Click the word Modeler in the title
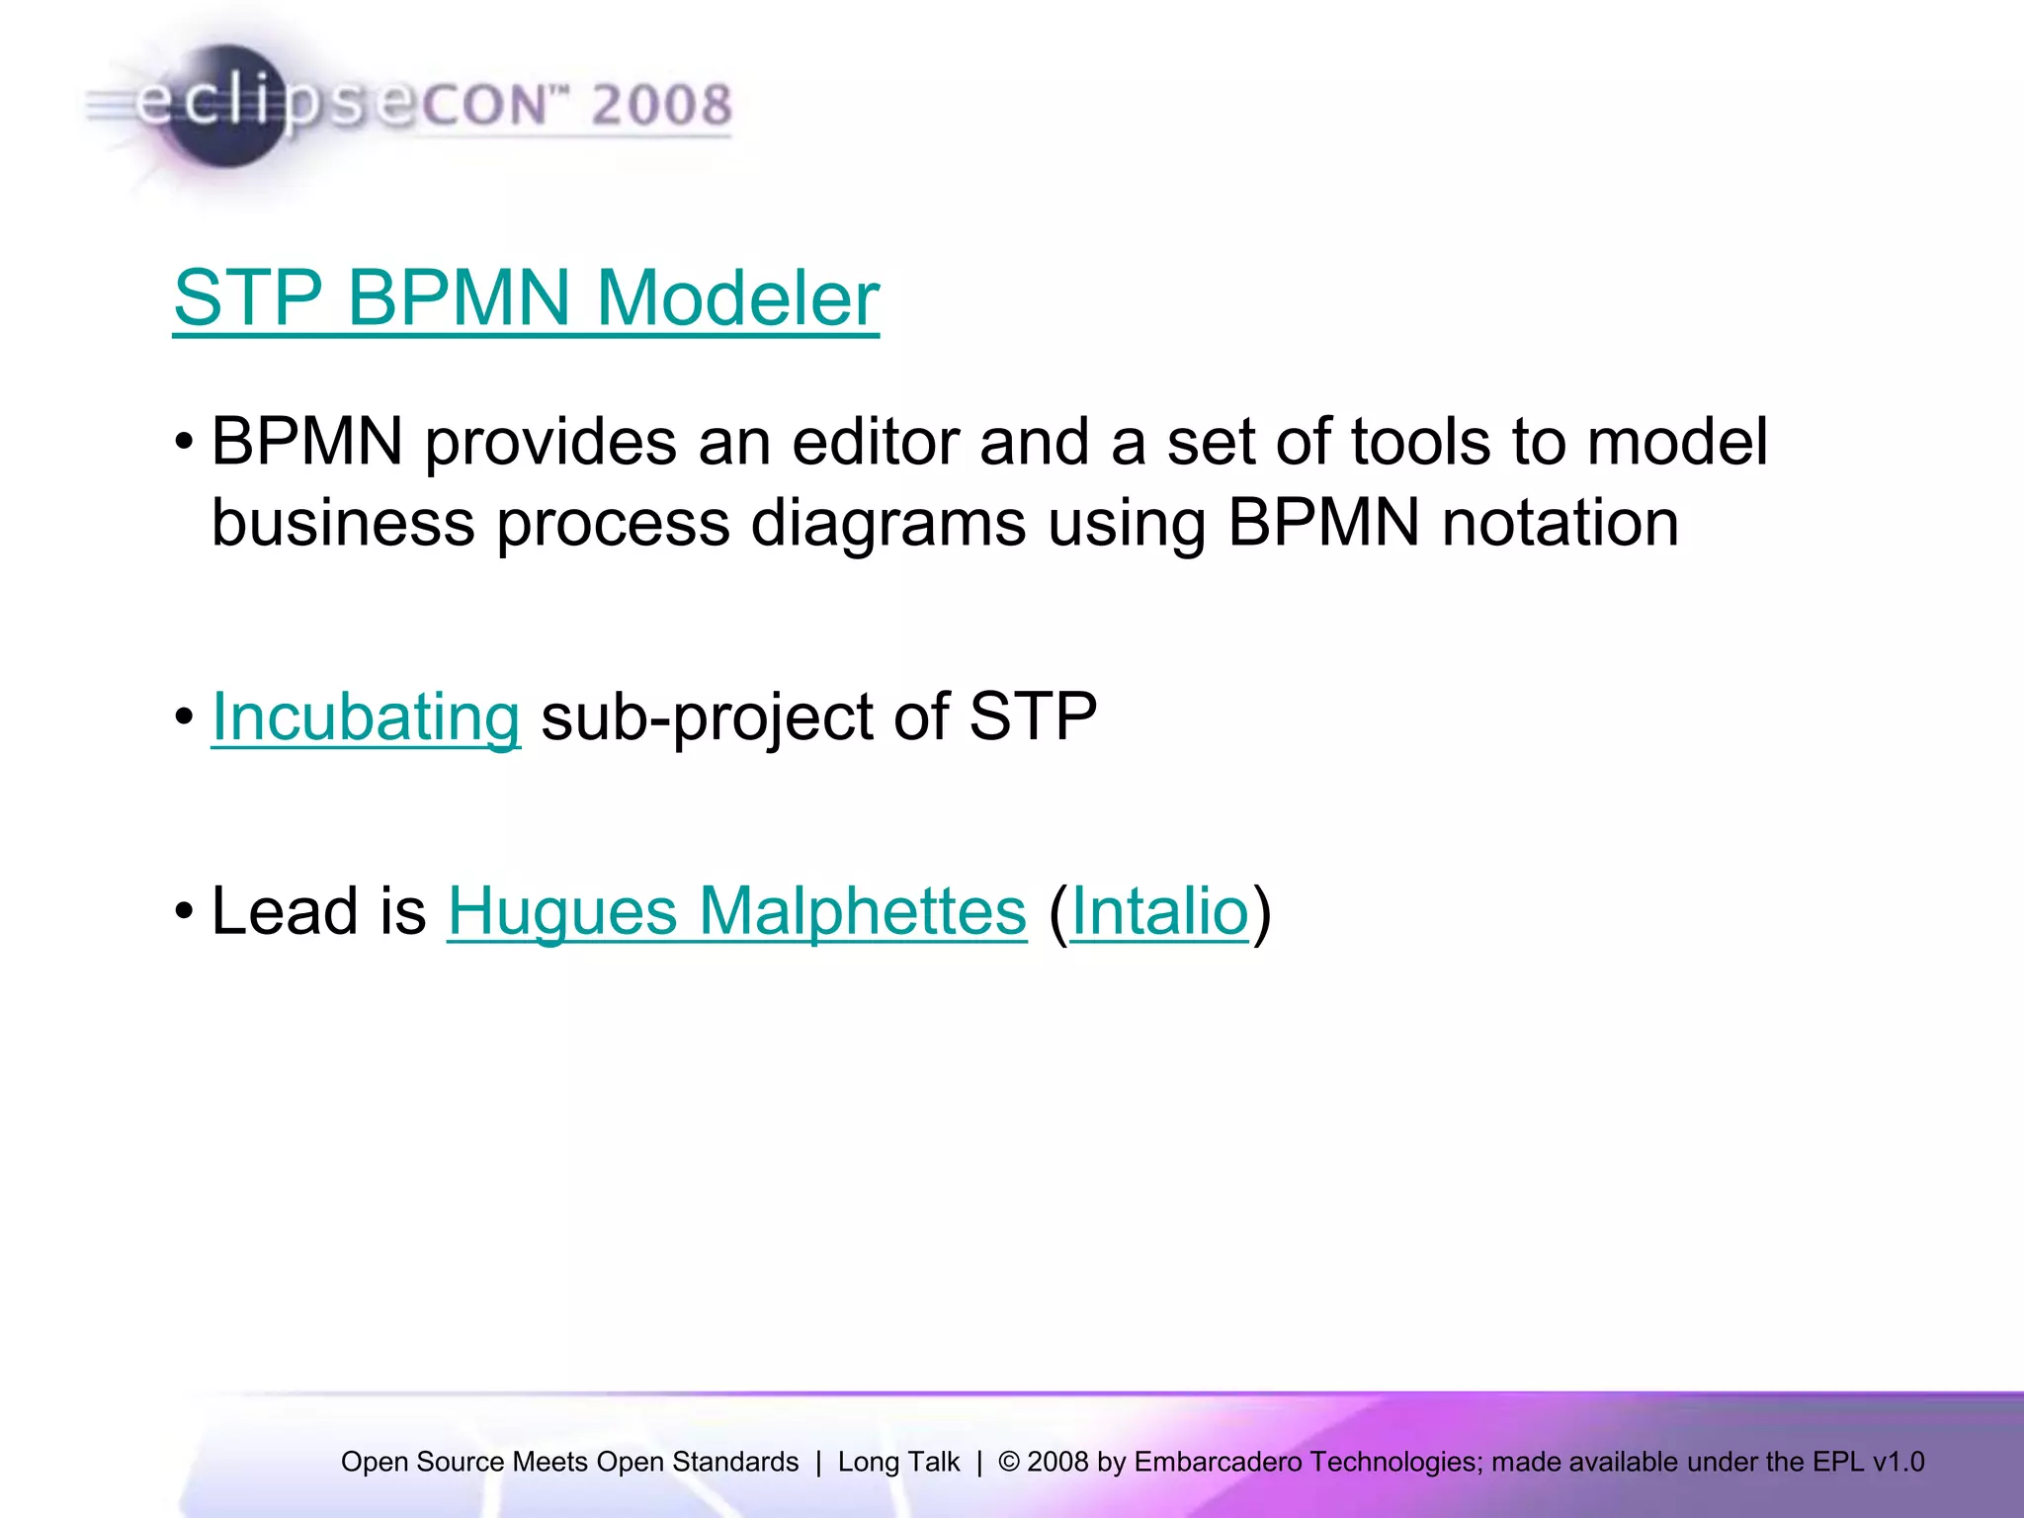click(737, 297)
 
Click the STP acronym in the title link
click(248, 297)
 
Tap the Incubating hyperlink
click(366, 717)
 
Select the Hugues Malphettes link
click(737, 910)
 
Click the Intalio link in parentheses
click(1159, 910)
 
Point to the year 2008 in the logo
click(661, 105)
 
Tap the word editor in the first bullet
click(875, 441)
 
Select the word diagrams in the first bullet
click(887, 523)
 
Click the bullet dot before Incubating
click(184, 717)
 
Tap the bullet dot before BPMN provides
click(184, 441)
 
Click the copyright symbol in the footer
click(1008, 1462)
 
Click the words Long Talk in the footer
click(898, 1462)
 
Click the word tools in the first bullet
click(1419, 441)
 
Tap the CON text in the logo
click(484, 105)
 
